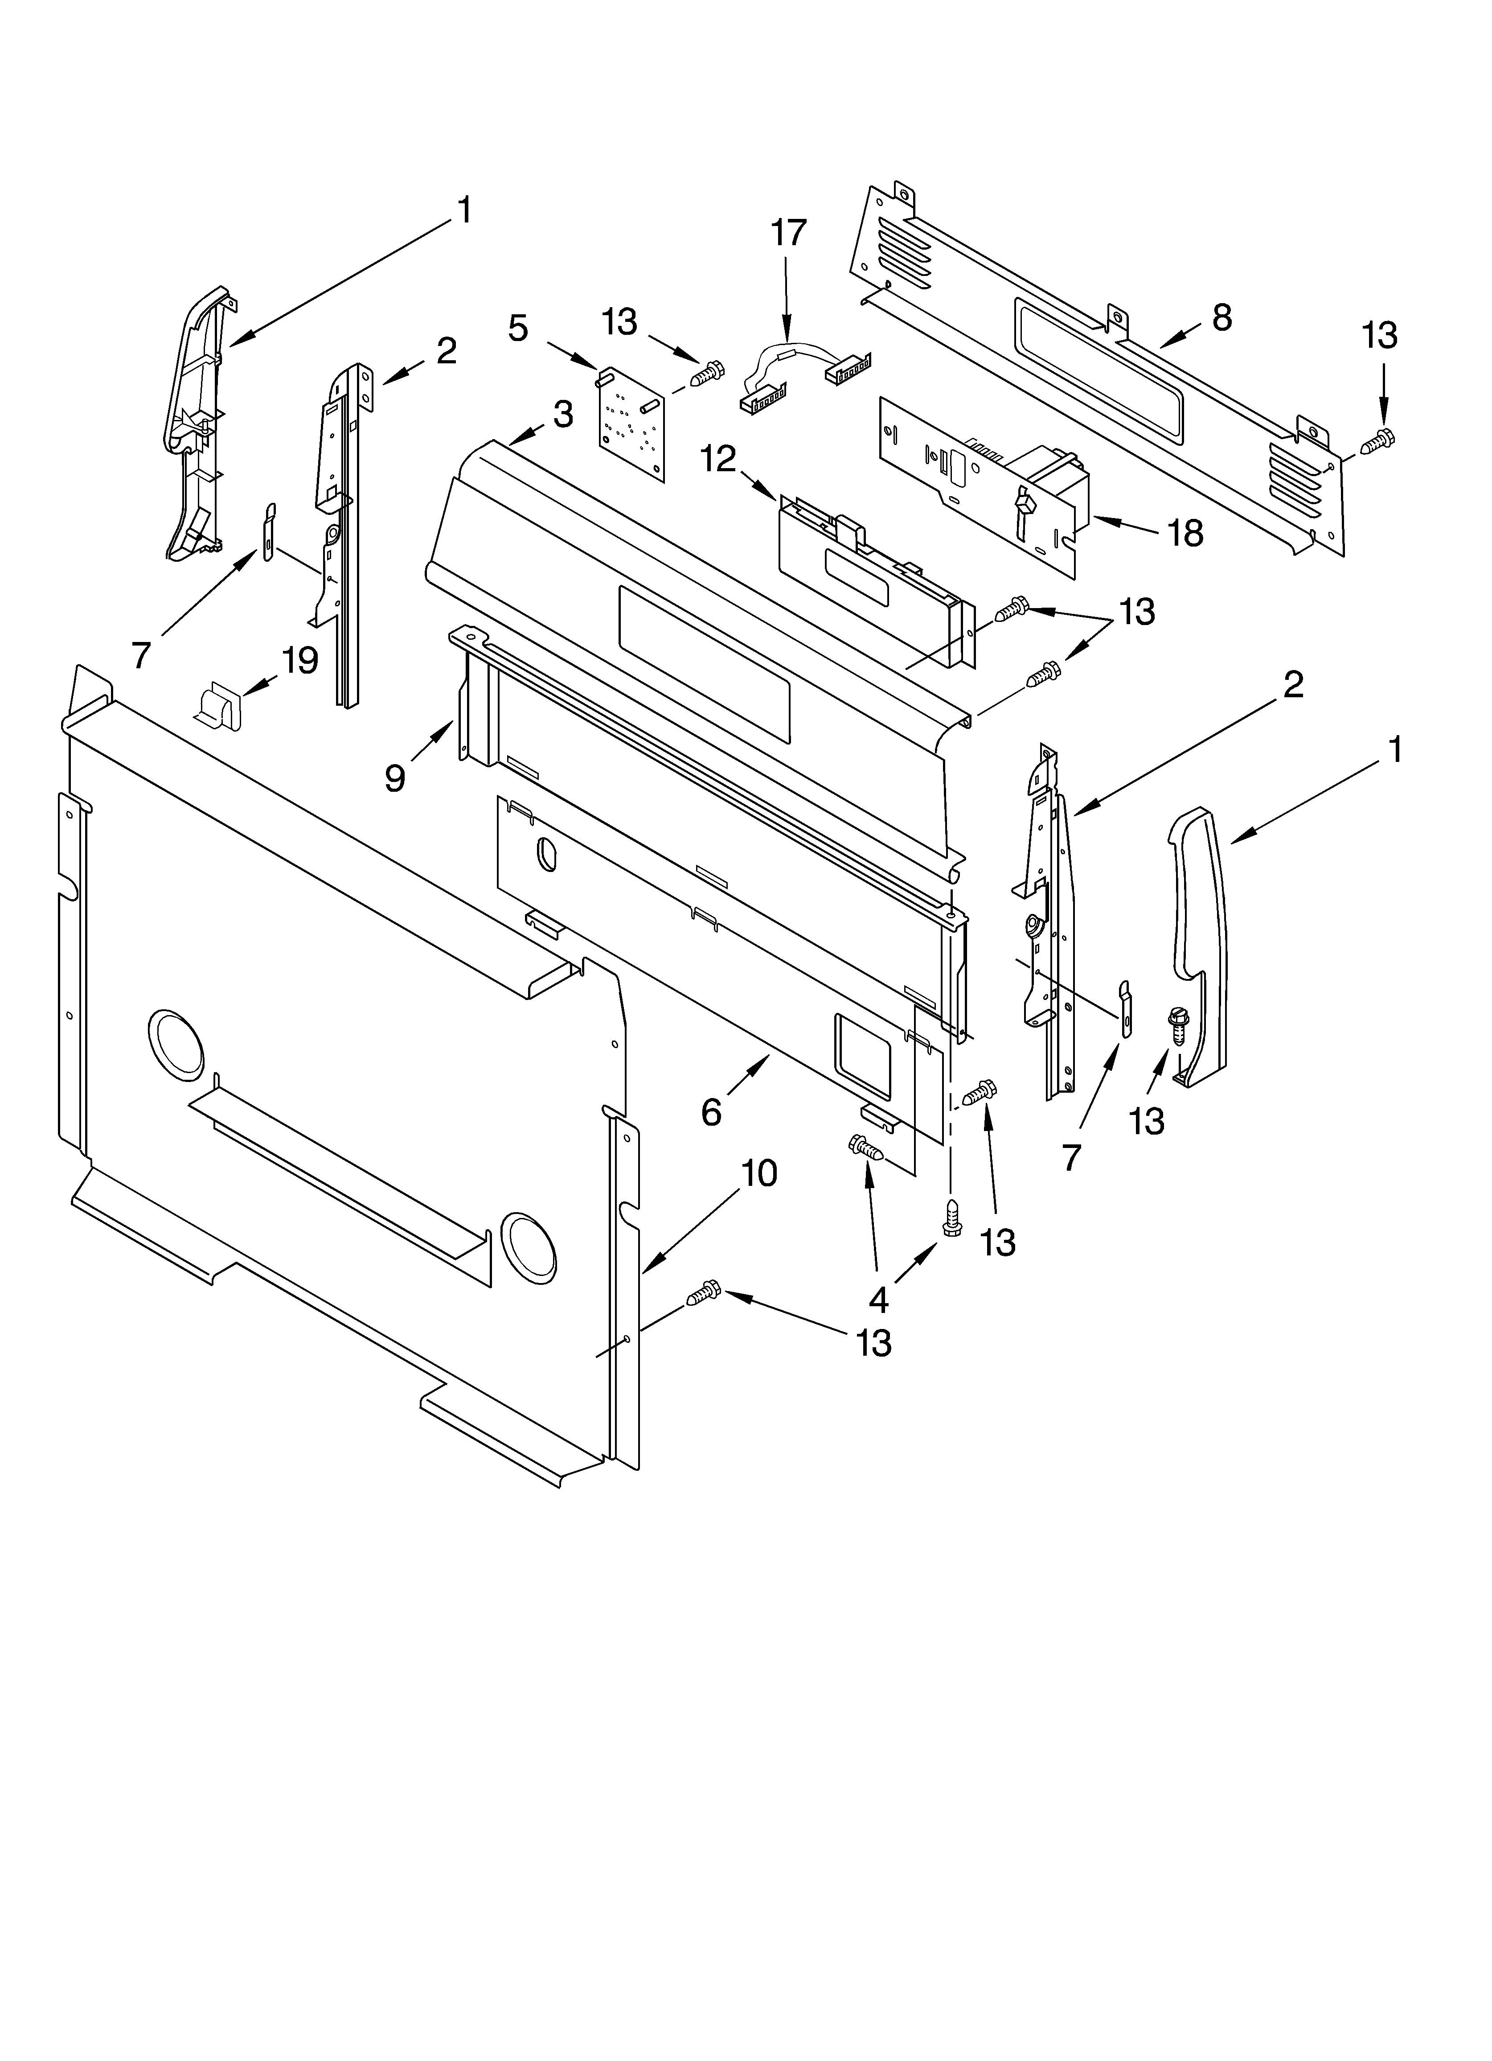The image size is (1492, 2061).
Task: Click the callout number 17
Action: pyautogui.click(x=788, y=233)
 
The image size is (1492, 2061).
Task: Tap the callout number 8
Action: pyautogui.click(x=1222, y=317)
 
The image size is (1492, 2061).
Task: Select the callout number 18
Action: pyautogui.click(x=1185, y=534)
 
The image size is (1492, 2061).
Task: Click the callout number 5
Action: pyautogui.click(x=517, y=328)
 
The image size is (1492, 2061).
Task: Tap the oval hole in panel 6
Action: pyautogui.click(x=546, y=855)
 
